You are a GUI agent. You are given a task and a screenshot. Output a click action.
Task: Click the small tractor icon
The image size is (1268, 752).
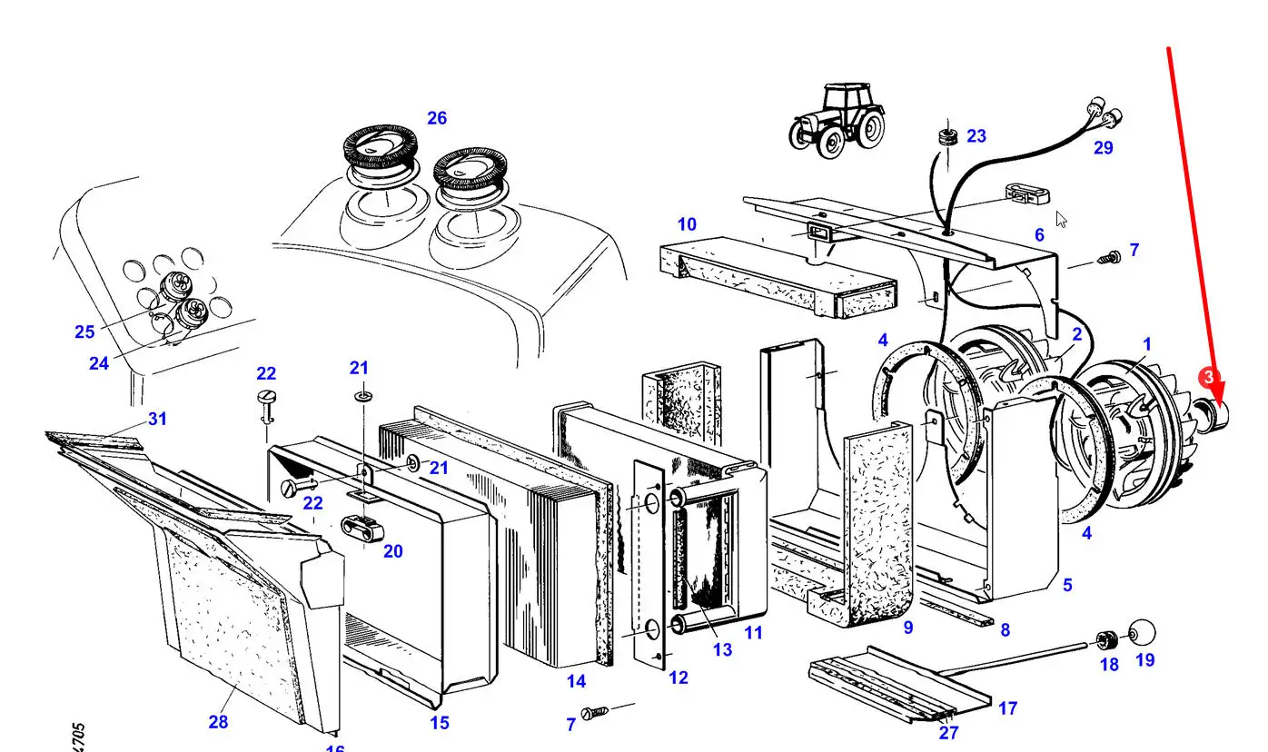[837, 119]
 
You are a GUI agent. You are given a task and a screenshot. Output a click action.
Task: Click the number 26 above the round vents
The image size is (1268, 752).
[437, 118]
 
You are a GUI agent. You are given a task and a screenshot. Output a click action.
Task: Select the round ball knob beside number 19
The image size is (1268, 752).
[1141, 632]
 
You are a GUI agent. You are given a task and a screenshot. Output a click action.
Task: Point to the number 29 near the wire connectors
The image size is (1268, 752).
[1103, 147]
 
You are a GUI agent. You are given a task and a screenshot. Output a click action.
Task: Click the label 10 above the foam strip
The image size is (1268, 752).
[687, 223]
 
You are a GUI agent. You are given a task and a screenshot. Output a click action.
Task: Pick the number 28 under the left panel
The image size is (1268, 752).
[218, 722]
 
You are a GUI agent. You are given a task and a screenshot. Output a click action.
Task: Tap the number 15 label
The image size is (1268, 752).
[440, 724]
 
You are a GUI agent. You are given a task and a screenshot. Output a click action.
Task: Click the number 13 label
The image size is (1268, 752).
[722, 649]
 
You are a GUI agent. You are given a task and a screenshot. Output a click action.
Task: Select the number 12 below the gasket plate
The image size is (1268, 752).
[679, 678]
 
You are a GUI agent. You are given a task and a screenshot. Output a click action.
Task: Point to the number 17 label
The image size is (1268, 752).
[1007, 708]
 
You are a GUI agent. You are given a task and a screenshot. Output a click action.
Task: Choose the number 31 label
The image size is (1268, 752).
[158, 419]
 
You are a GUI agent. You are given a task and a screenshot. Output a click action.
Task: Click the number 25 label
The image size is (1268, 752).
[84, 331]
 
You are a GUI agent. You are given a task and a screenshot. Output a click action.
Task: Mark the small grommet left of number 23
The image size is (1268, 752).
[946, 138]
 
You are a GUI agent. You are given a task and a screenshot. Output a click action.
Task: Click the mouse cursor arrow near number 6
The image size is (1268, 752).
[1061, 219]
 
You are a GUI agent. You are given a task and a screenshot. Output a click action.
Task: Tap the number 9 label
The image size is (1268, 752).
[908, 627]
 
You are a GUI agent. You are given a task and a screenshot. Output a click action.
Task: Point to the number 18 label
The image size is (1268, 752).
[1109, 664]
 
